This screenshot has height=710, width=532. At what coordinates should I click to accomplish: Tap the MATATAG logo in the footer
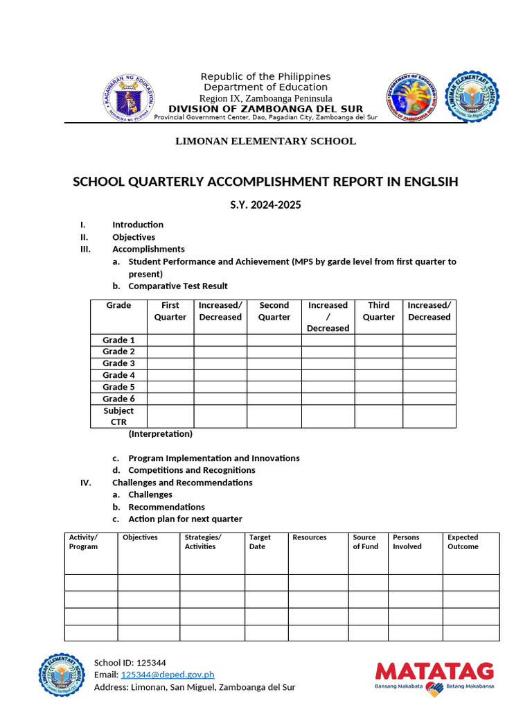[x=434, y=678]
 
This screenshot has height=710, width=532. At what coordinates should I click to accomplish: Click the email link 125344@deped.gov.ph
[x=168, y=675]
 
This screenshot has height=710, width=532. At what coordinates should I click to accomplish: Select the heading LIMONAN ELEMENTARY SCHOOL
[x=265, y=141]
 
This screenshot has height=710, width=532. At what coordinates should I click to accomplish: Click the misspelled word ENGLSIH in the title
[x=427, y=182]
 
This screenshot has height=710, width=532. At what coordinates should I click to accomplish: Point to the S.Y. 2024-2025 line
[x=265, y=205]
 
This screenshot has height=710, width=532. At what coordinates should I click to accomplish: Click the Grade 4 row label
[x=118, y=375]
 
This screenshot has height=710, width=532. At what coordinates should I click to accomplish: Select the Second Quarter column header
[x=274, y=311]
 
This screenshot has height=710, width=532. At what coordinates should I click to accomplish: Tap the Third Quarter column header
[x=378, y=311]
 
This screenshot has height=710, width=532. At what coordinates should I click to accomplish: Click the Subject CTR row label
[x=118, y=416]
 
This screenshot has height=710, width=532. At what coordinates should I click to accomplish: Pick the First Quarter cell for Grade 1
[x=170, y=340]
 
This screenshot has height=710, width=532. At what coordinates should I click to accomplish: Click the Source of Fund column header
[x=365, y=542]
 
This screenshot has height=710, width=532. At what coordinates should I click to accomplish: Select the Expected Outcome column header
[x=463, y=542]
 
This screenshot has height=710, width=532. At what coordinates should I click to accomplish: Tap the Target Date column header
[x=260, y=542]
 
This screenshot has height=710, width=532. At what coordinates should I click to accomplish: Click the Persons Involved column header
[x=407, y=542]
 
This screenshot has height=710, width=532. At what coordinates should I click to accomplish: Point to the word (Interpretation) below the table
[x=160, y=434]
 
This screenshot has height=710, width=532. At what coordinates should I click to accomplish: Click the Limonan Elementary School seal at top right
[x=472, y=96]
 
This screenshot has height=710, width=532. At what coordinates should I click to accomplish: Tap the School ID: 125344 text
[x=130, y=662]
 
